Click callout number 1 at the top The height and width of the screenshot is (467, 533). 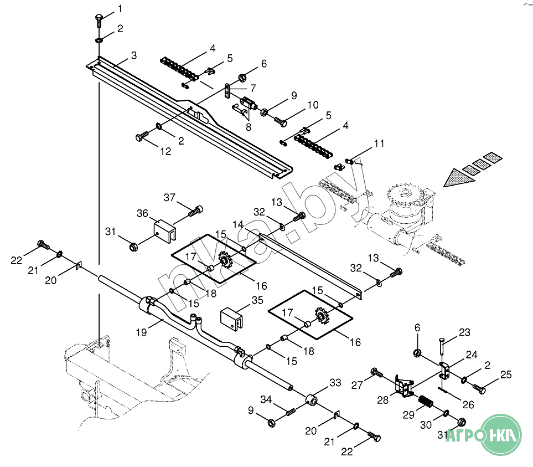[x=120, y=9]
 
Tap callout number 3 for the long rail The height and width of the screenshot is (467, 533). [x=134, y=56]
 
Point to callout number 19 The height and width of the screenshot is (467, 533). [x=141, y=332]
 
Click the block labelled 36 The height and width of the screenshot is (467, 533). [x=163, y=228]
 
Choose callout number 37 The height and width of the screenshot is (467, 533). [x=169, y=198]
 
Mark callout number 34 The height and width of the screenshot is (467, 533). [x=266, y=399]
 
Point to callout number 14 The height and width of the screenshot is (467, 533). [x=237, y=224]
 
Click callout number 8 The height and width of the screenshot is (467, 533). [x=249, y=127]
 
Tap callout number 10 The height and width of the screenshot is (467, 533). [x=313, y=104]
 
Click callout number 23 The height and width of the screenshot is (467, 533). [x=464, y=333]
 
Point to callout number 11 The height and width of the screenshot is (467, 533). [x=379, y=143]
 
